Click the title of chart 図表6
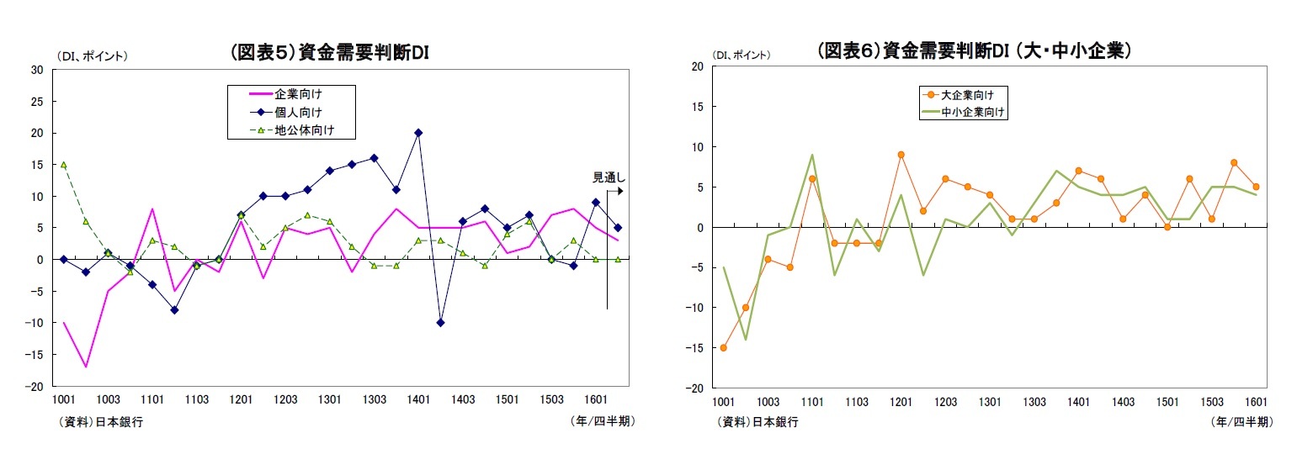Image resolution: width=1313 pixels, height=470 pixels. (x=973, y=50)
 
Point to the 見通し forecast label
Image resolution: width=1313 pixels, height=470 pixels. (x=607, y=177)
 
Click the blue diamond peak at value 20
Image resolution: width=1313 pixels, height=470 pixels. (x=418, y=133)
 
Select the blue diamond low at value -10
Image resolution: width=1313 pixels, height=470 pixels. (x=440, y=323)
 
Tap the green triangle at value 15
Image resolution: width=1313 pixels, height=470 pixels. (x=64, y=165)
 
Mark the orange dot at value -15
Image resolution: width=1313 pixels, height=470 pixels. (x=723, y=347)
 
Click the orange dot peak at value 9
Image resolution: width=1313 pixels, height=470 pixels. (x=901, y=155)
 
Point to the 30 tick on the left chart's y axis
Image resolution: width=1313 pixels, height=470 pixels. (x=37, y=70)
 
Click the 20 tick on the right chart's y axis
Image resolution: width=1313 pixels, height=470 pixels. (x=696, y=66)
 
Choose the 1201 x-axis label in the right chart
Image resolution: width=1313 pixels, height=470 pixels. (x=901, y=403)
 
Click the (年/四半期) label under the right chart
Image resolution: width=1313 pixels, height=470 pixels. (x=1241, y=421)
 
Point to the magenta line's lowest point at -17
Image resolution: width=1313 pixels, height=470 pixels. (x=86, y=367)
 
